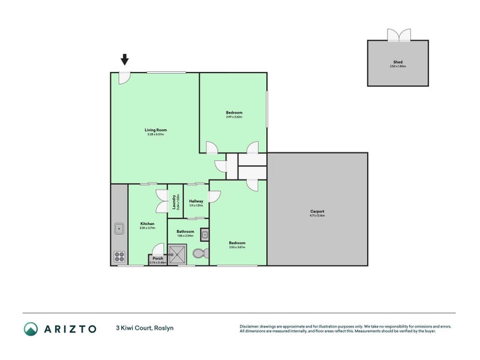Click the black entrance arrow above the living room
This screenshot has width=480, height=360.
[x=124, y=59]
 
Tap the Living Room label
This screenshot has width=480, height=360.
[x=155, y=130]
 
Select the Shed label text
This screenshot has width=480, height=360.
[x=398, y=62]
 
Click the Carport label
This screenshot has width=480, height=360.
[x=317, y=211]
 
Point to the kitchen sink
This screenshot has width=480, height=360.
[x=119, y=228]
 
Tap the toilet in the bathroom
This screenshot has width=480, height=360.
[x=200, y=254]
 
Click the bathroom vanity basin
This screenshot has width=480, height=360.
[x=204, y=235]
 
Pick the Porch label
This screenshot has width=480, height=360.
[x=158, y=259]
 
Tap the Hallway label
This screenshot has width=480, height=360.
[x=196, y=201]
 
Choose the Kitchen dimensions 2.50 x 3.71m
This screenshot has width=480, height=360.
[x=147, y=228]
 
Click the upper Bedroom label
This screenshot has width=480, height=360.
[x=234, y=113]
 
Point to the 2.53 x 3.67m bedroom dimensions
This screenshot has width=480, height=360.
[x=237, y=247]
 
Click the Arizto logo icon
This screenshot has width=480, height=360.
[x=31, y=328]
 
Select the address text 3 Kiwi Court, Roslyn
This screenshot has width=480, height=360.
[x=145, y=328]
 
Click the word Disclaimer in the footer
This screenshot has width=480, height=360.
[x=250, y=326]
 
